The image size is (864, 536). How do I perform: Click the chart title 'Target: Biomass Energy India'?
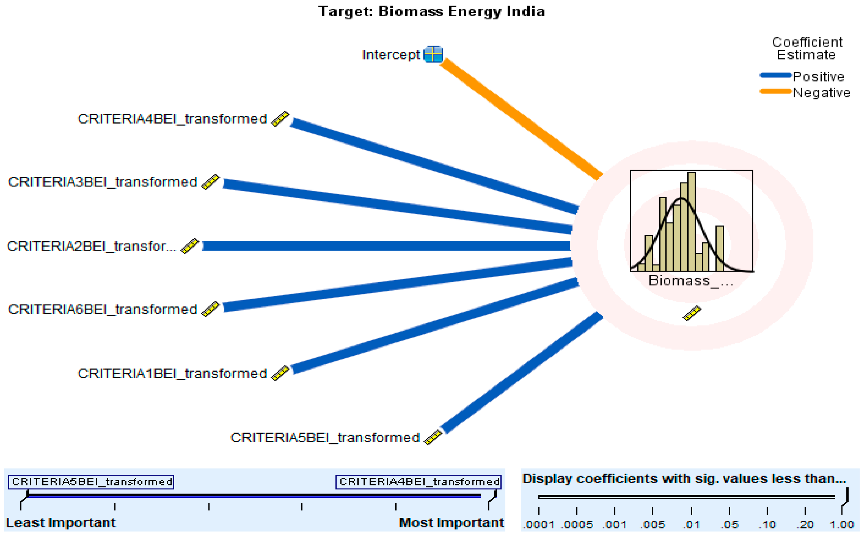click(431, 12)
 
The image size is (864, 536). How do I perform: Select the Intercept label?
click(390, 55)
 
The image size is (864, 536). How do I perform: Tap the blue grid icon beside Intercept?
click(433, 54)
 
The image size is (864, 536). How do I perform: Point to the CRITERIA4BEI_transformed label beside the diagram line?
click(172, 119)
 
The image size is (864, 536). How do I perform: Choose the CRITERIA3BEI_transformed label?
click(102, 182)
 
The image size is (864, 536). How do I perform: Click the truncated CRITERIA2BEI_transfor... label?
click(92, 246)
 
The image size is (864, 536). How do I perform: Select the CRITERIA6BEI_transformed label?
click(102, 309)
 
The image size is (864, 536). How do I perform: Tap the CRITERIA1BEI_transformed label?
click(172, 373)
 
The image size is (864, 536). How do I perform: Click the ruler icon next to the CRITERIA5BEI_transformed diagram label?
click(433, 437)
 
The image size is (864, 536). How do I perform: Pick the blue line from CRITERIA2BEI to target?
click(386, 246)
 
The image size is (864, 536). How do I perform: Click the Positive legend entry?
click(818, 76)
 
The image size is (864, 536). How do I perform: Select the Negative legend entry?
click(821, 92)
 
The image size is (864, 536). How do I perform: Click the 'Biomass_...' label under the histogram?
click(690, 281)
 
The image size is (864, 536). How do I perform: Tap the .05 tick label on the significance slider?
click(729, 524)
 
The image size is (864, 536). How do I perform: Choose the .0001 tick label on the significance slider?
click(539, 524)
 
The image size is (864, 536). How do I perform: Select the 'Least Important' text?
click(61, 523)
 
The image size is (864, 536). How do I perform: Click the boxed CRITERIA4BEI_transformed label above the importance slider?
click(418, 482)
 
